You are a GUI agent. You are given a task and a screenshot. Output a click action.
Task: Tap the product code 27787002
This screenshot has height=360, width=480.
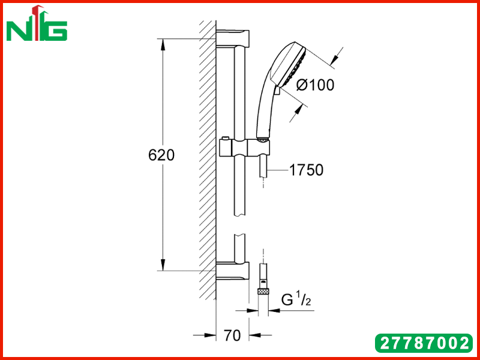pyautogui.click(x=424, y=343)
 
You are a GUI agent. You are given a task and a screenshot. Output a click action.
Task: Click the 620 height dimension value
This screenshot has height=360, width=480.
pyautogui.click(x=161, y=155)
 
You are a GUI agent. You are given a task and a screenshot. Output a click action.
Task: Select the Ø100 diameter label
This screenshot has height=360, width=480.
pyautogui.click(x=316, y=85)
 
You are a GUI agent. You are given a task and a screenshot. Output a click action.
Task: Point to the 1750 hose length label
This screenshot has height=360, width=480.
pyautogui.click(x=306, y=170)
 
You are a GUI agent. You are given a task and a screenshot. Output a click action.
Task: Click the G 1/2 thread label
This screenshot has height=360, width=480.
pyautogui.click(x=296, y=300)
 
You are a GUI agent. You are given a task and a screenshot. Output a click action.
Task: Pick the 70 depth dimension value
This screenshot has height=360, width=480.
pyautogui.click(x=232, y=335)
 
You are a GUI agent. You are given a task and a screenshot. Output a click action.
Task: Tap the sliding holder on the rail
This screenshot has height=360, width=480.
pyautogui.click(x=245, y=148)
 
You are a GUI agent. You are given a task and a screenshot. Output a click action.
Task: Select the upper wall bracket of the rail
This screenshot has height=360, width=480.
pyautogui.click(x=233, y=38)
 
